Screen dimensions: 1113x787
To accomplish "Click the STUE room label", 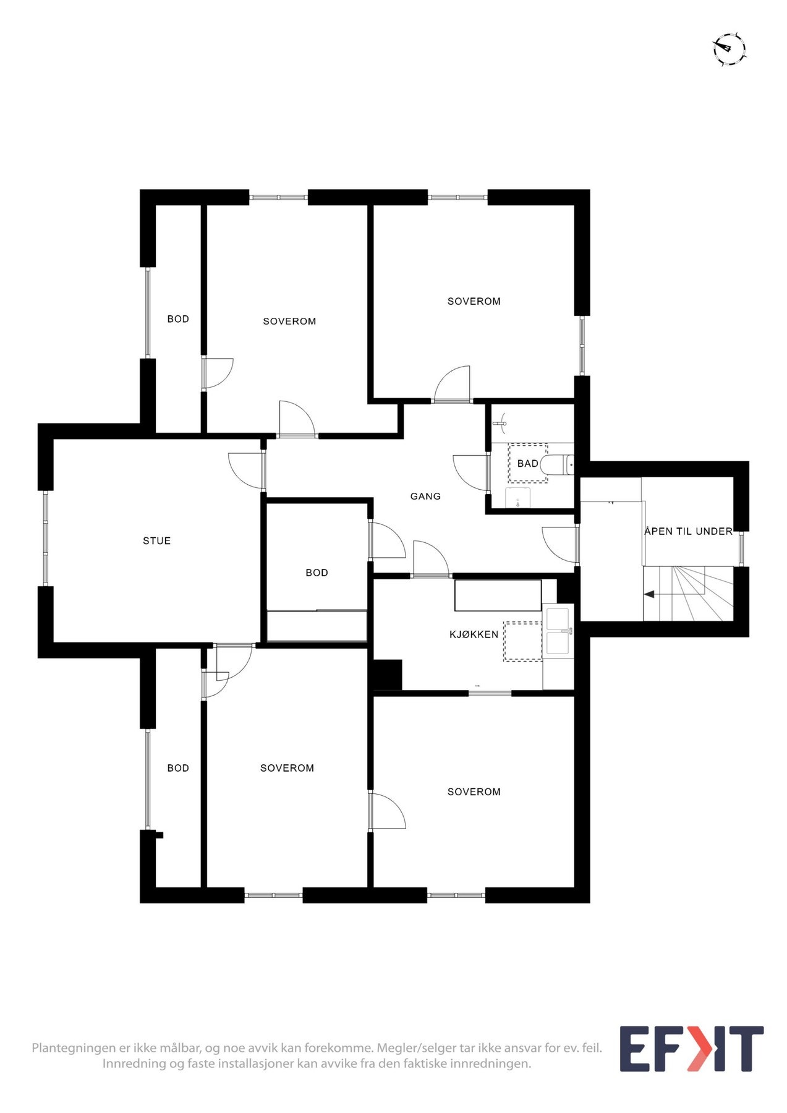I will tap(156, 541).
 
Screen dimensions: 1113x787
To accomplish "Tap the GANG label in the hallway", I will tap(425, 496).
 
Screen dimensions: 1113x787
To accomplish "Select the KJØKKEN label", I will tap(474, 634).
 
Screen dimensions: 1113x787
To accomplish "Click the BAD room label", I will tap(527, 464).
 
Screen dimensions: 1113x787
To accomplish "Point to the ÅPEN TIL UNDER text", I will tap(688, 531).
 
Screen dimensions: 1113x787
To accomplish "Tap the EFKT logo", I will tap(691, 1049).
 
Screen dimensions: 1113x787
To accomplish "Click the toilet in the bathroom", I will tap(557, 464).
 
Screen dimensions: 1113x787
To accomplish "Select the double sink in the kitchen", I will tap(559, 631).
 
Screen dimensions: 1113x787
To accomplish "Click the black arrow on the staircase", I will tap(649, 594).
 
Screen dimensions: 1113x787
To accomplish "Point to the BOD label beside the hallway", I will tap(317, 573).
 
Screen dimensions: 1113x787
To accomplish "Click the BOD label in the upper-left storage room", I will tap(178, 319).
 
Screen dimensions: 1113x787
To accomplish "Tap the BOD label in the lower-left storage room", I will tap(178, 768).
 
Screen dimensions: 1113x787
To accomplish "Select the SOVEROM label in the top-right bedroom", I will tap(474, 302).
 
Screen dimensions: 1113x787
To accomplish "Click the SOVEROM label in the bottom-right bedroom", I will tap(474, 792).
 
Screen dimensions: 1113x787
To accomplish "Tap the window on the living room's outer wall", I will tap(45, 537).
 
